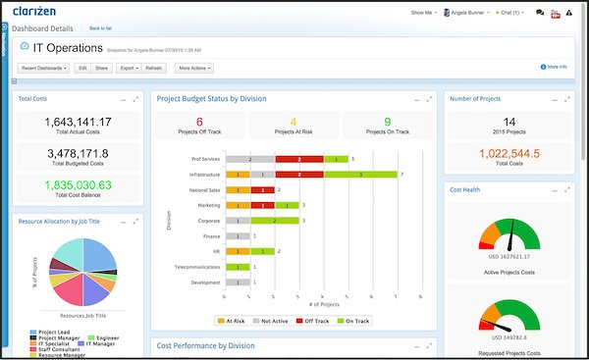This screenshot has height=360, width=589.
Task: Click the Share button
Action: (102, 69)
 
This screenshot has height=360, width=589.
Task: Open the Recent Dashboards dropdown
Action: (45, 69)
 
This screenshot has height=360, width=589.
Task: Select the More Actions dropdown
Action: (196, 69)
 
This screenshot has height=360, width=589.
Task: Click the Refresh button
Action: (154, 69)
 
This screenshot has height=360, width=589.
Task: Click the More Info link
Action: (555, 67)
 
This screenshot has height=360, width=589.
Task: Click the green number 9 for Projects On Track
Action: (373, 121)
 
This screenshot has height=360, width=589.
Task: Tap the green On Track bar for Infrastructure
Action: (360, 174)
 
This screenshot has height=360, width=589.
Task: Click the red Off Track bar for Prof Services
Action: (300, 158)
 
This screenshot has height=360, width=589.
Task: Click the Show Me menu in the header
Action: (423, 13)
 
